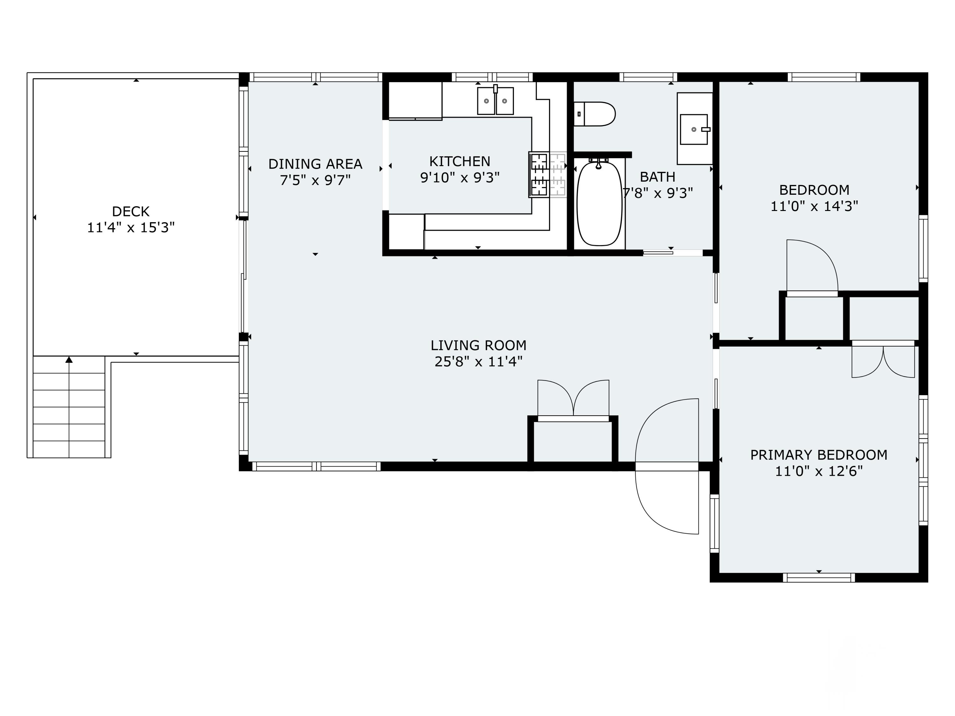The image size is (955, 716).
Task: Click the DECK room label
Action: (131, 212)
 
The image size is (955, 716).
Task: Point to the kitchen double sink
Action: (495, 101)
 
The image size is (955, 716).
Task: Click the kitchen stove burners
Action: (539, 175)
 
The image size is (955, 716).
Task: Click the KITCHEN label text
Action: (460, 161)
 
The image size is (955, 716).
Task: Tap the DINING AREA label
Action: (315, 164)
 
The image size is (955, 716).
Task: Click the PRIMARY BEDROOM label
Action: (818, 455)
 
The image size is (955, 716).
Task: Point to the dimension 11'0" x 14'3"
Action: (814, 206)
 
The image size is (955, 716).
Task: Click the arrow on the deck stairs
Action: (69, 360)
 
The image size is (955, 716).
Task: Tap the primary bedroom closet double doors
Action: (883, 362)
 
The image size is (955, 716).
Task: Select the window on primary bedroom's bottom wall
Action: (818, 578)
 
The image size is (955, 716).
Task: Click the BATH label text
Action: (658, 177)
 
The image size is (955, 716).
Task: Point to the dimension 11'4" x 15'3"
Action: (131, 228)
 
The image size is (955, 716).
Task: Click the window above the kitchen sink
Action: (492, 77)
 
